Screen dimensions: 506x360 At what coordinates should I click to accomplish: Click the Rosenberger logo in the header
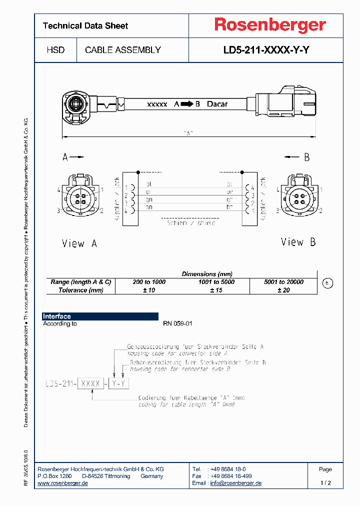tap(269, 25)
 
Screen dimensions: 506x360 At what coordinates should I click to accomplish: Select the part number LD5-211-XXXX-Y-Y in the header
tap(269, 50)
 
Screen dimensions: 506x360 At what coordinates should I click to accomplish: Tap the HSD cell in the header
tap(55, 50)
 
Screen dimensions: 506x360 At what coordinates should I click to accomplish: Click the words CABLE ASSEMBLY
tap(123, 50)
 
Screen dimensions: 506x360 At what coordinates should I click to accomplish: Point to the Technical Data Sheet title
tap(85, 25)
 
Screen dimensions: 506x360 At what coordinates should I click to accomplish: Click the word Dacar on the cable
tap(217, 104)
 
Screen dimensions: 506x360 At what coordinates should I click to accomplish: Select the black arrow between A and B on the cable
tap(186, 104)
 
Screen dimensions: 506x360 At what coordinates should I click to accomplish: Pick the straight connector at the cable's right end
tap(285, 104)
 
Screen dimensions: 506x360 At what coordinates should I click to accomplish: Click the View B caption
tap(298, 242)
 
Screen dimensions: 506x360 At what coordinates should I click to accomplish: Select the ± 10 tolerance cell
tap(149, 290)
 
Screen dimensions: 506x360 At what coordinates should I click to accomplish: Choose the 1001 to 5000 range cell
tap(216, 282)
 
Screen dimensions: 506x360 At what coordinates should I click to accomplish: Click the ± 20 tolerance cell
tap(283, 290)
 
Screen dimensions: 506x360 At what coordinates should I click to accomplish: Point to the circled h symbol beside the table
tap(327, 283)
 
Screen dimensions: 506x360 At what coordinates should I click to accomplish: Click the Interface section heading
tap(56, 316)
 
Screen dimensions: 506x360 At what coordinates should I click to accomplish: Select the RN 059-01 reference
tap(177, 323)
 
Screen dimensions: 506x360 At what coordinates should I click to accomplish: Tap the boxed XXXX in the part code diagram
tap(90, 383)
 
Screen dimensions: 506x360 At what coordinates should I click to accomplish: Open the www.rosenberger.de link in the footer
tap(63, 483)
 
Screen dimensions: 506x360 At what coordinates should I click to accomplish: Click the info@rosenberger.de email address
tap(235, 483)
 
